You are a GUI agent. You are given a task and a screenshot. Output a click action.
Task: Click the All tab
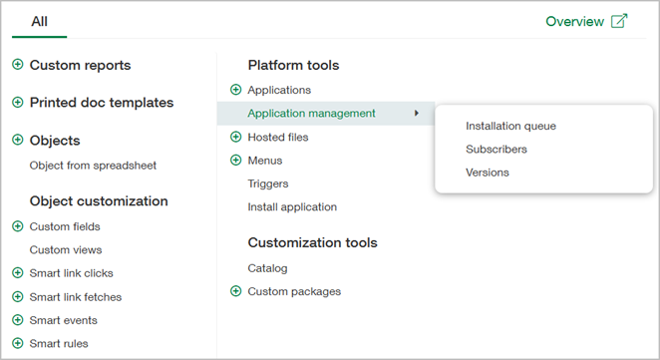[39, 21]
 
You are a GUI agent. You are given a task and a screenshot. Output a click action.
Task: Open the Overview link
[574, 21]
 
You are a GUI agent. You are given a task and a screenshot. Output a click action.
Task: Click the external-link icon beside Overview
[619, 21]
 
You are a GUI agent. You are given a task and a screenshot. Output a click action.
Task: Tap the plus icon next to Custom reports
[17, 65]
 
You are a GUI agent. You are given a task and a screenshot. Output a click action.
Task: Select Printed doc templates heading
[101, 102]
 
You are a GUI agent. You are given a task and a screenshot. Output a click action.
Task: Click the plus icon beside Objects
[17, 141]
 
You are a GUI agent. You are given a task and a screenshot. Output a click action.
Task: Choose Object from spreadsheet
[93, 165]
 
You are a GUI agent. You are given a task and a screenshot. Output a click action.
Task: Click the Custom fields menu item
[65, 226]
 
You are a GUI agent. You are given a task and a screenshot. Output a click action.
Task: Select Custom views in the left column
[66, 249]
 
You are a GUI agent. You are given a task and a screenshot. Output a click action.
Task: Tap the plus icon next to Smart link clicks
[17, 273]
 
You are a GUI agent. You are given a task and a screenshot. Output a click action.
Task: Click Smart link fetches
[75, 296]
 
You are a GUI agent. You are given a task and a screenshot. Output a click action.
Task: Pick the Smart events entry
[63, 320]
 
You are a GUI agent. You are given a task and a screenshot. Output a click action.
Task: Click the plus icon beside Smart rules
[17, 344]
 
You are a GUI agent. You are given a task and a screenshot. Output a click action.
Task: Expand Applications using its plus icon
[235, 90]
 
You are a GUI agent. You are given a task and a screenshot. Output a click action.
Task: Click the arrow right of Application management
[417, 114]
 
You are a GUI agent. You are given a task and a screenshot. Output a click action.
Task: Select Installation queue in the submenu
[510, 126]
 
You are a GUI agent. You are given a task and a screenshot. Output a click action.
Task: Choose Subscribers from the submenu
[496, 149]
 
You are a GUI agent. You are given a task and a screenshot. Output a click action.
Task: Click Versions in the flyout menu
[488, 172]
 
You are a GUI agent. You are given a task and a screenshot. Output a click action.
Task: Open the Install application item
[292, 206]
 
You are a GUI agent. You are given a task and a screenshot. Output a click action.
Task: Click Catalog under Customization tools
[267, 268]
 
